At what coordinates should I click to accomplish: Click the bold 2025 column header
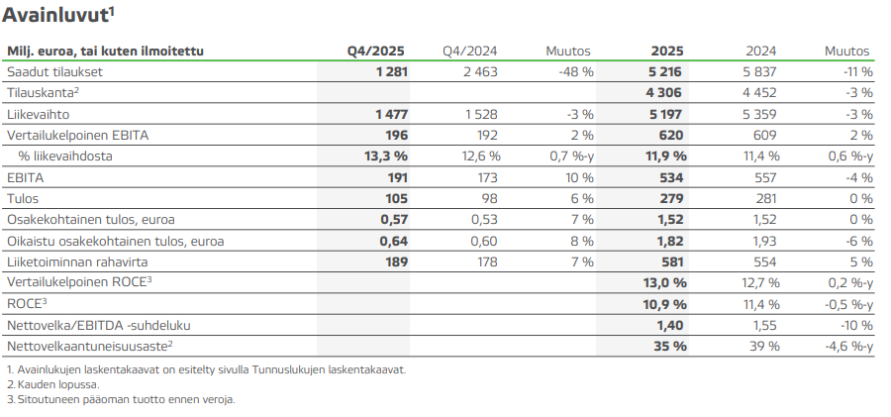coord(668,52)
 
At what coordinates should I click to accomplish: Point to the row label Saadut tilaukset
coord(54,72)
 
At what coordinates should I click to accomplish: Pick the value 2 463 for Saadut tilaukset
coord(479,72)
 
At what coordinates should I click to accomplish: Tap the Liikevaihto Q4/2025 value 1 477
coord(390,115)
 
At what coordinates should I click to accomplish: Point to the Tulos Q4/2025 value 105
coord(395,199)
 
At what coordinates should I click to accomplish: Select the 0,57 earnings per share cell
coord(393,220)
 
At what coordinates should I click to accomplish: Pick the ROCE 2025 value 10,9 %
coord(664,303)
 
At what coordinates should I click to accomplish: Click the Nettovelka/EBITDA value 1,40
coord(670,325)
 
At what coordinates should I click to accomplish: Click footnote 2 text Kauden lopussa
coord(54,384)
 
